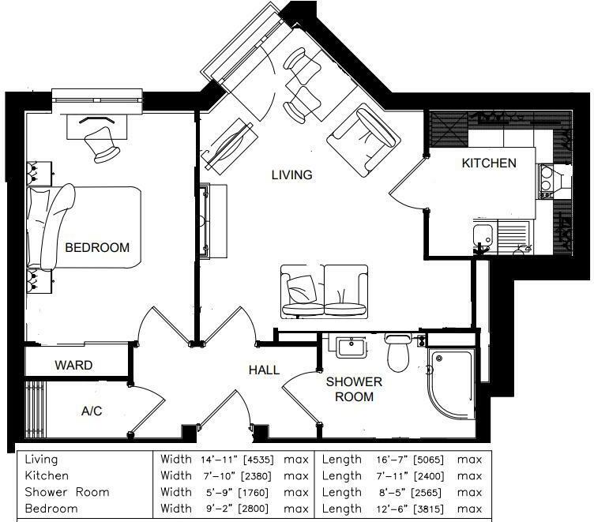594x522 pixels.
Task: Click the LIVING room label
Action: pos(291,175)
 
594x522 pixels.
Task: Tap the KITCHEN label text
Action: pos(489,163)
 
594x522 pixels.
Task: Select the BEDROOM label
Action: pos(96,247)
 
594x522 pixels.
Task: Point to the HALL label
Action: pos(264,370)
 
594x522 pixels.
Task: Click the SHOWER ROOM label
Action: pos(354,389)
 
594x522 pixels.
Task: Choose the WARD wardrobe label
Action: pos(73,366)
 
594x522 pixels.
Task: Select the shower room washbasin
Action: pos(348,348)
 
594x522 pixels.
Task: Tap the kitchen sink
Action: pos(483,235)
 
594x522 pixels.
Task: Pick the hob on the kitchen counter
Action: pos(547,181)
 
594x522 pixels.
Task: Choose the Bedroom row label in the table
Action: pos(51,509)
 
